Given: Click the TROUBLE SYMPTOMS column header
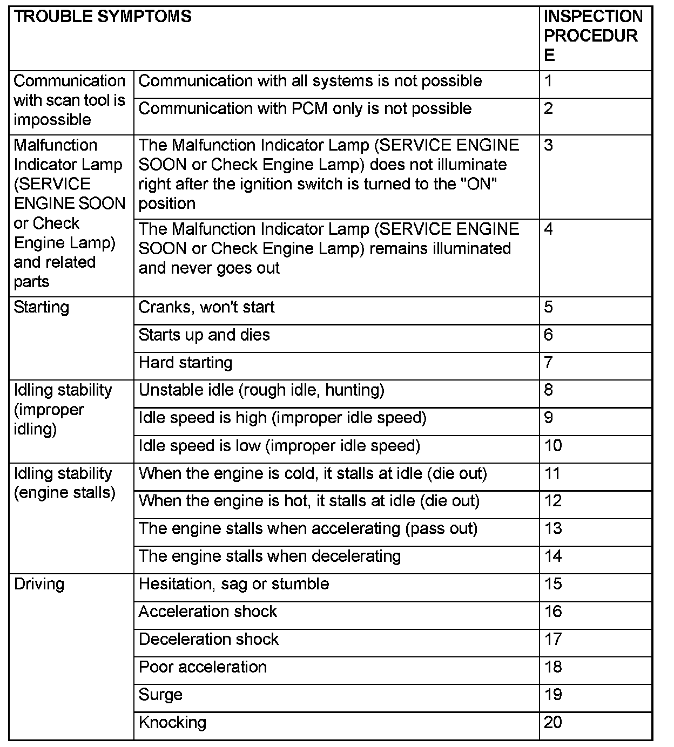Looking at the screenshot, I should (103, 17).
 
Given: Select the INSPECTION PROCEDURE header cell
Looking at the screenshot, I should (593, 36).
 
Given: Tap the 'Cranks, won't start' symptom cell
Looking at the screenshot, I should (206, 308).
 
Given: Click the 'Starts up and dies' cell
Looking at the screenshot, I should (204, 335).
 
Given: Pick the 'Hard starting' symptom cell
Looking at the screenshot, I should (185, 363).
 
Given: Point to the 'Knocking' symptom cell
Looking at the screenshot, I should (172, 723).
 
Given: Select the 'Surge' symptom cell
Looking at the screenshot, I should (160, 695).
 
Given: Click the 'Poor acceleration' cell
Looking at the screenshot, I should (203, 667).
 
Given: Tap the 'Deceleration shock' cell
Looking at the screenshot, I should (208, 640).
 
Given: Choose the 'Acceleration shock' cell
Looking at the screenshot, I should (207, 612).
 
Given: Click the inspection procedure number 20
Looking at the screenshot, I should (553, 723).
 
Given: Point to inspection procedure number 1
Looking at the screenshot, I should (549, 82).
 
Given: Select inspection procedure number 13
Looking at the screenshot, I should (553, 528).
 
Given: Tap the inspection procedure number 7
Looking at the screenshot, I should (549, 363).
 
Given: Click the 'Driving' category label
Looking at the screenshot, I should (39, 584).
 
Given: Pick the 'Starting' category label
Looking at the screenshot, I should (42, 308).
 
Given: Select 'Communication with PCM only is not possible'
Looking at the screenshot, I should (305, 109).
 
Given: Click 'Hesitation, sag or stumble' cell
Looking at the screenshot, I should (234, 584).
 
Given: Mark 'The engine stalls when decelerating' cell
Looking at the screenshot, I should (269, 556).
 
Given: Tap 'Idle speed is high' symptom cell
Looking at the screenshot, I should (282, 418).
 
